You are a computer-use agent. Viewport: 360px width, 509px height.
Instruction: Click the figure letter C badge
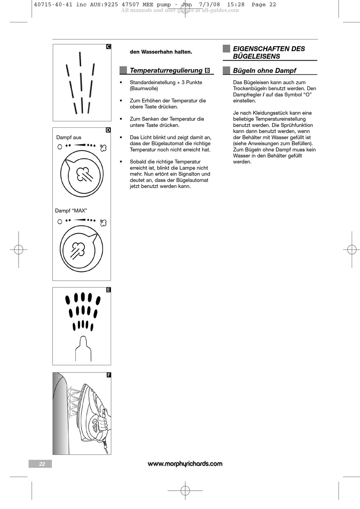(108, 47)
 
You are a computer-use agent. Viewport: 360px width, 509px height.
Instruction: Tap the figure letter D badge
(108, 130)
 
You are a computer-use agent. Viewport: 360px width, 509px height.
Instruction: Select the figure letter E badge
(108, 290)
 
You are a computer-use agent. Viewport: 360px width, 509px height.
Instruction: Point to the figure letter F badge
(108, 375)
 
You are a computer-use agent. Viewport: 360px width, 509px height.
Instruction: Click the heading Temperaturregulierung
(166, 70)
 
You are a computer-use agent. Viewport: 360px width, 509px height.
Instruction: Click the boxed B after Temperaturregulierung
(207, 70)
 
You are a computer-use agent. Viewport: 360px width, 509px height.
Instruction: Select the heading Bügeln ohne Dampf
(265, 70)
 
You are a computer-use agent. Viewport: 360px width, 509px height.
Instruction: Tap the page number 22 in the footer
(42, 464)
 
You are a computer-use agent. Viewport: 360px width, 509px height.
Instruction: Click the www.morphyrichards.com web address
(185, 464)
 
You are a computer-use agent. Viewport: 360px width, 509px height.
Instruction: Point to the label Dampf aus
(69, 138)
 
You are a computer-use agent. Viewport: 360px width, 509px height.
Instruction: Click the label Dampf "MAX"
(71, 211)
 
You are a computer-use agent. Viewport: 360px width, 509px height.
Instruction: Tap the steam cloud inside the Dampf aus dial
(84, 174)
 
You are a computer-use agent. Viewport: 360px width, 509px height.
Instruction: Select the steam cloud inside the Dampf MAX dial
(78, 249)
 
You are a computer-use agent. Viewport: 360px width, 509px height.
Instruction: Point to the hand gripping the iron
(103, 421)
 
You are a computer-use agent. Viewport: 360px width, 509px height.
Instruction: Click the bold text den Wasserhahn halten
(161, 52)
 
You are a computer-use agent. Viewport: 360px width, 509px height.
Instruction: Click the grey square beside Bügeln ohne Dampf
(227, 70)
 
